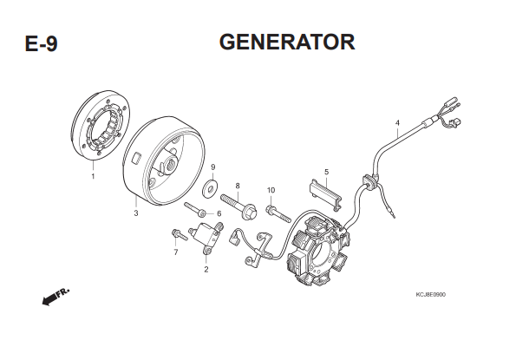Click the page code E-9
41,43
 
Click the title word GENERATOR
287,43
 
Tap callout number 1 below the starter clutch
93,176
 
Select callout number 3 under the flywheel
136,213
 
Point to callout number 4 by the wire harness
397,123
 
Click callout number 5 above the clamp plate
326,172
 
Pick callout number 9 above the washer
213,167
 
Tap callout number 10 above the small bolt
271,190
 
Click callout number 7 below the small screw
176,252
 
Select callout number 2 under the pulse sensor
206,269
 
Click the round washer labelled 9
208,187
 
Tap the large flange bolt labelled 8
238,206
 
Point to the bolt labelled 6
195,210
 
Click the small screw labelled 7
179,235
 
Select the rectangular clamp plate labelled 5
326,193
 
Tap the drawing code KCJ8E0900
431,295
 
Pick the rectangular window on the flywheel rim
136,157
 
